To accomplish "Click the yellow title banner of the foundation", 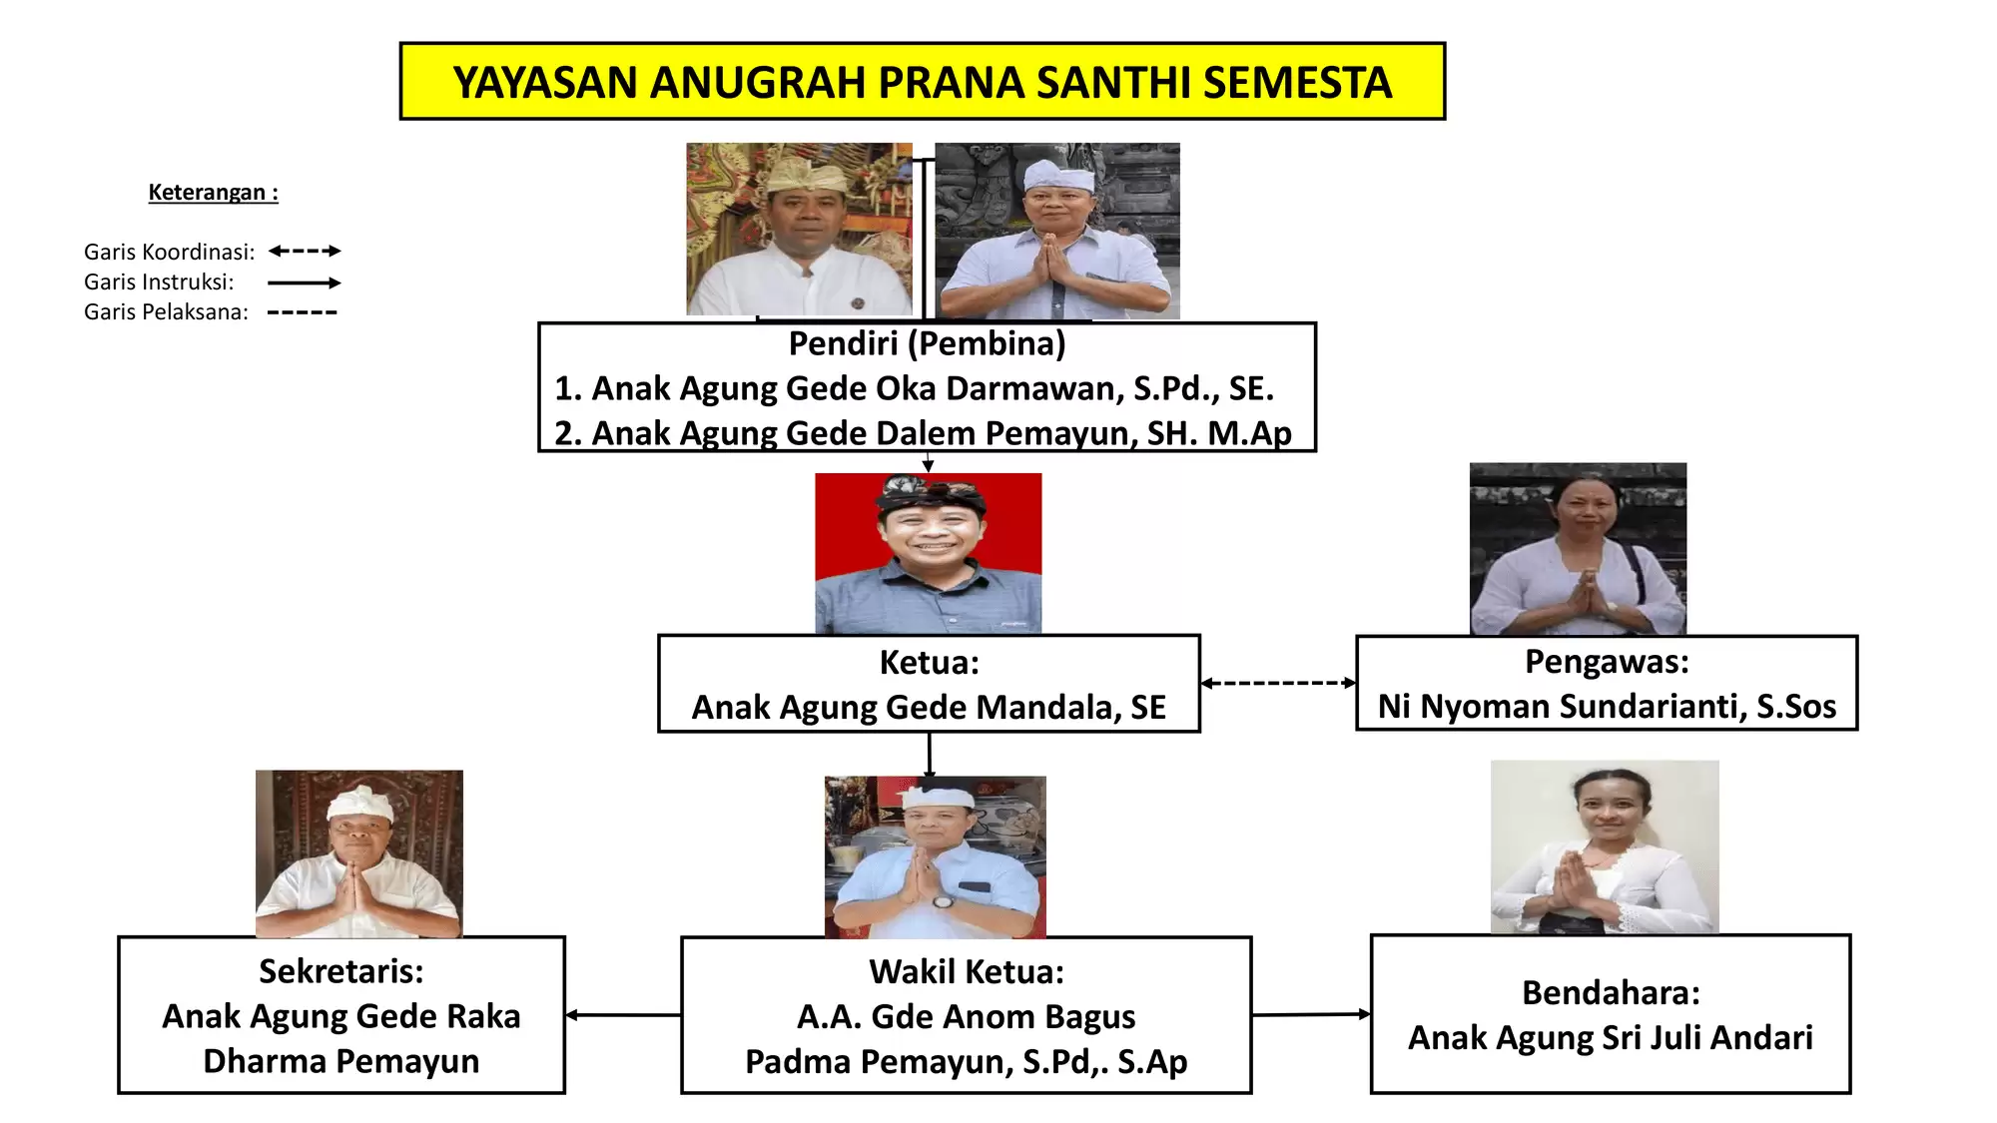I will click(x=922, y=82).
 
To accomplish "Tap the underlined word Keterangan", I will click(x=213, y=193).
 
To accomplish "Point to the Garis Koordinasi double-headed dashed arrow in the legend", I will click(x=305, y=252).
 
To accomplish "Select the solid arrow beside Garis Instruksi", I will click(x=305, y=282).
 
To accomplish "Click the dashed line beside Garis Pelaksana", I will click(x=303, y=312).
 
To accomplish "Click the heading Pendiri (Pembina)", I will click(x=927, y=343).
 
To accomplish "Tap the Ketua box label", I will click(x=929, y=663).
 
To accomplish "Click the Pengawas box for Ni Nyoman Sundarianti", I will click(x=1607, y=684).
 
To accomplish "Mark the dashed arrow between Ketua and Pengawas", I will click(x=1278, y=684).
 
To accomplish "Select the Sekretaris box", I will click(x=341, y=1015).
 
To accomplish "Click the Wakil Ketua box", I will click(x=966, y=1015).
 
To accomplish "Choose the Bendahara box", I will click(x=1610, y=1014).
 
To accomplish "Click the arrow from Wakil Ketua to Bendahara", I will click(x=1311, y=1014).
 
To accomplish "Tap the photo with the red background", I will click(x=928, y=553).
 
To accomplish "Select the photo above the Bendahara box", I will click(x=1605, y=846).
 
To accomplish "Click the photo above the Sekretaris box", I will click(x=359, y=852).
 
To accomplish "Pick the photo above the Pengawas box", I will click(x=1578, y=548).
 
